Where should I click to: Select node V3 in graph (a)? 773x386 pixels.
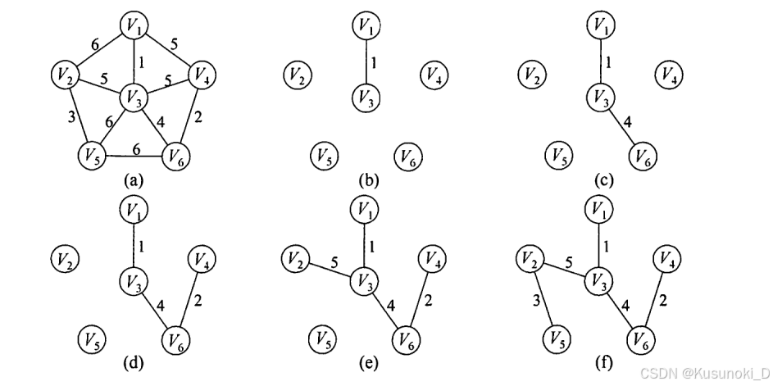(135, 98)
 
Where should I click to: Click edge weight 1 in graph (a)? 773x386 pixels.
(144, 62)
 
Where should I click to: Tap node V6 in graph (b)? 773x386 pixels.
(407, 154)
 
